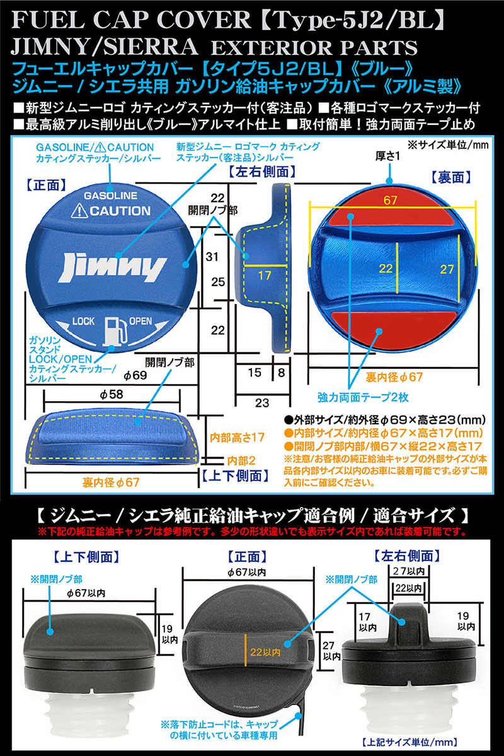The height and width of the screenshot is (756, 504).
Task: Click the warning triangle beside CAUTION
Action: (x=78, y=211)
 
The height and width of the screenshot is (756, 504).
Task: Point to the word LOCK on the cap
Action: (x=84, y=322)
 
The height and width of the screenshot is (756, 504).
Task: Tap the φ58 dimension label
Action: (x=112, y=394)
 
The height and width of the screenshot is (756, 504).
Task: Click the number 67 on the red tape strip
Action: (x=390, y=201)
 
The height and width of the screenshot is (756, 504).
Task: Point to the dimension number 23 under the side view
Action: (x=262, y=402)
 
